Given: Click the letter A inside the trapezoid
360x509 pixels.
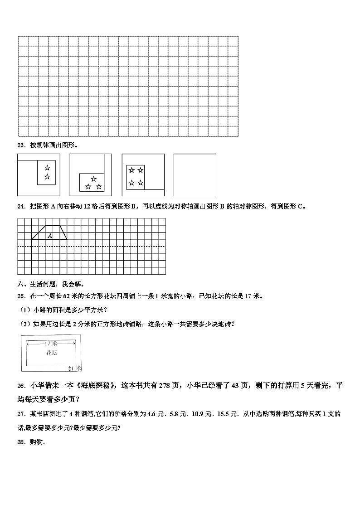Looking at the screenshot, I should pyautogui.click(x=50, y=236).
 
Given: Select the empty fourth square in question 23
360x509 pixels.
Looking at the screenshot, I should pyautogui.click(x=195, y=175).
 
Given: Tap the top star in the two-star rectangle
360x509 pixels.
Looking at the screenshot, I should pyautogui.click(x=47, y=168).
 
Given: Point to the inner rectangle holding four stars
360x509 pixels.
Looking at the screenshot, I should pyautogui.click(x=136, y=177).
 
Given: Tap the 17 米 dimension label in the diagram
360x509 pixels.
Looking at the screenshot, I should pyautogui.click(x=51, y=344).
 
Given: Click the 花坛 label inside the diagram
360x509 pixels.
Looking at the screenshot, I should pyautogui.click(x=51, y=352).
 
